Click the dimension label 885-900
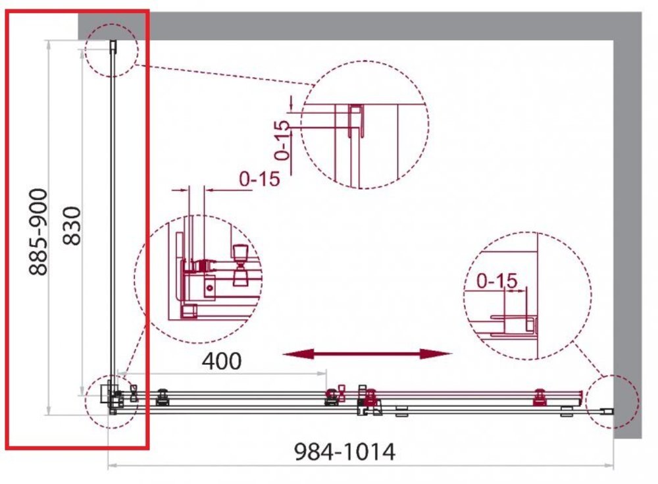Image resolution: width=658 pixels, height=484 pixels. pos(38,232)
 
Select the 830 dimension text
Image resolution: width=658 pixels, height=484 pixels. pos(72,226)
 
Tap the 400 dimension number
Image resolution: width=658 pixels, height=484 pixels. pos(222,361)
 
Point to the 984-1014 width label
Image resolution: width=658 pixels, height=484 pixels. pos(345,452)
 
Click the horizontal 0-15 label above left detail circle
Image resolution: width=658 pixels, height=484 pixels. pos(259,179)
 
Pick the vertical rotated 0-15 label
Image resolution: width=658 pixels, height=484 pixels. pos(282,140)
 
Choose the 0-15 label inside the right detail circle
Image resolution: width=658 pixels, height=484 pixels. pos(497,281)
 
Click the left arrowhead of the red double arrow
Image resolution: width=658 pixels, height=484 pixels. pos(298,354)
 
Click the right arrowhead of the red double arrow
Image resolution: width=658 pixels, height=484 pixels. pos(436,354)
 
